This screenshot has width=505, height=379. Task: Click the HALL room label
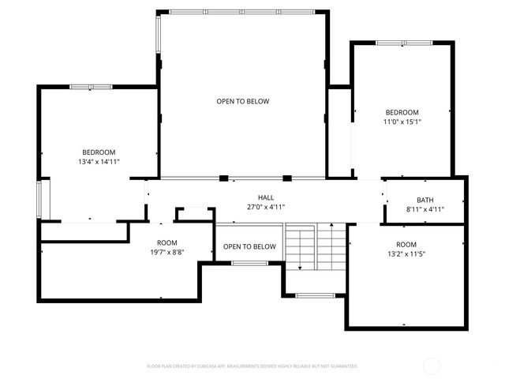pos(265,197)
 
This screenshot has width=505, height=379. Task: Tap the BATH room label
pos(425,200)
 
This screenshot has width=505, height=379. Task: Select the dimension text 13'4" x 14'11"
pos(99,162)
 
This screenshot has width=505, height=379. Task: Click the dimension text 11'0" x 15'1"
pos(402,122)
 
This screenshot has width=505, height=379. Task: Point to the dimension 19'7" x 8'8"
pos(166,253)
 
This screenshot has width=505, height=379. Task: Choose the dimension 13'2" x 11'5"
pos(406,254)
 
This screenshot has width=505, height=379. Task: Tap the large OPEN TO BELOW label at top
pos(243,101)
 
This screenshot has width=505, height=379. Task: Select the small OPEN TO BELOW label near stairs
pos(249,247)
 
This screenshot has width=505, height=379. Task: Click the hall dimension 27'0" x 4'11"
pos(265,207)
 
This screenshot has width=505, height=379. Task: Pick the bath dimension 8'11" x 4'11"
pos(425,209)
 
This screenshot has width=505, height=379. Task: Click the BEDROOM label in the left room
pos(99,152)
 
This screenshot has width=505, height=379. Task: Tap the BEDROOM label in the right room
pos(402,112)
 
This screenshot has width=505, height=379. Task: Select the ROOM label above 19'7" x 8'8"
pos(166,243)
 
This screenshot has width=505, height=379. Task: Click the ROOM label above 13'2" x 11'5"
pos(406,245)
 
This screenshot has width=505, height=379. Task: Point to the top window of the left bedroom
pos(91,86)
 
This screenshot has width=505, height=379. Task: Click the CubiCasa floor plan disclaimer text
pos(252,366)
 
